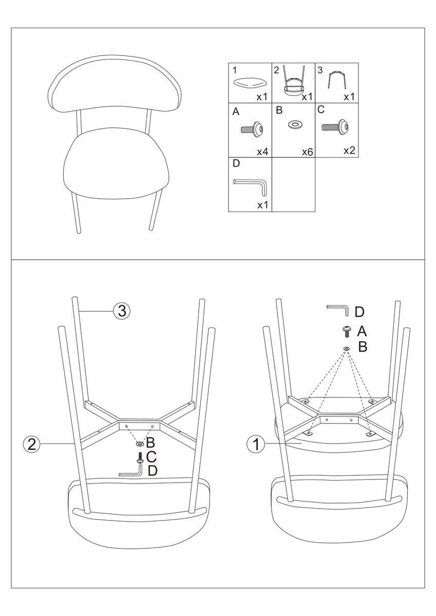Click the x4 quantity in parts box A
[x=262, y=151]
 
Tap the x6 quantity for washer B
[x=307, y=152]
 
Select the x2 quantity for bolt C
[x=349, y=150]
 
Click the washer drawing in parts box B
[x=295, y=125]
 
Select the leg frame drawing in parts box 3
[x=337, y=80]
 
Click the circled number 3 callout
[x=121, y=311]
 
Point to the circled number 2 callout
[x=32, y=444]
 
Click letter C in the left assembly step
[x=151, y=457]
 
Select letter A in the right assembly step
[x=362, y=332]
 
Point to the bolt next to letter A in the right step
[x=347, y=332]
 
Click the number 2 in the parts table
[x=276, y=70]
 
